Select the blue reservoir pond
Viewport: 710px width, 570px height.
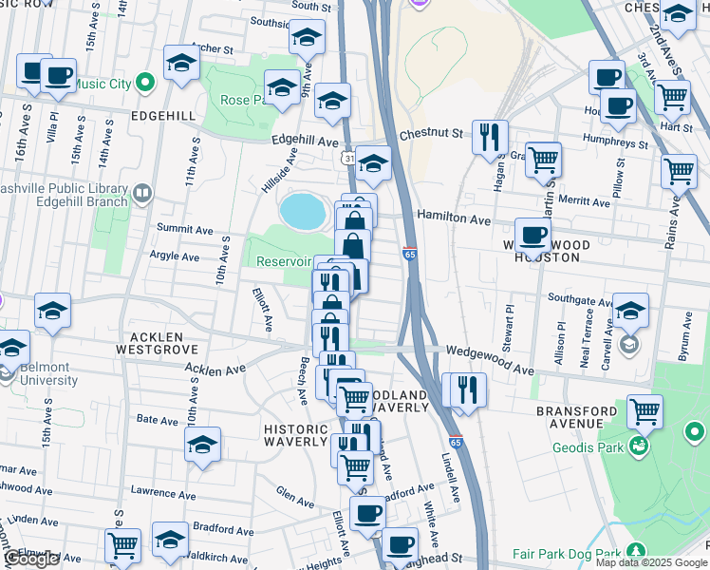[x=302, y=211]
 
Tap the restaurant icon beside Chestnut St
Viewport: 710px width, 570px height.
[x=490, y=137]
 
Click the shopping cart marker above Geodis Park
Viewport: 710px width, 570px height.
[x=645, y=412]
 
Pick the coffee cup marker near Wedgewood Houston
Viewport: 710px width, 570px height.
[x=532, y=234]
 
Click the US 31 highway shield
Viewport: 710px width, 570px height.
[x=350, y=158]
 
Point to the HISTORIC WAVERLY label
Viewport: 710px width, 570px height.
[x=294, y=435]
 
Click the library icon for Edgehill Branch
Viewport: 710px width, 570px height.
[x=141, y=195]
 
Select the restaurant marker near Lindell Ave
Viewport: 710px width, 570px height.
[x=467, y=389]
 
